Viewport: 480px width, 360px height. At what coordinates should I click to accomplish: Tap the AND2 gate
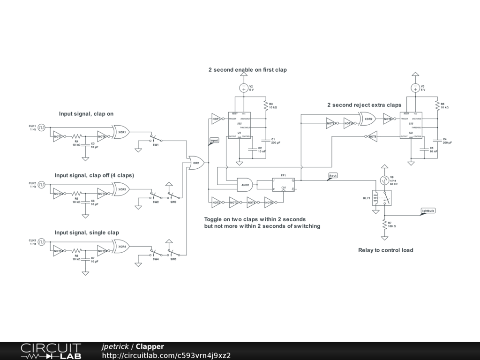point(245,184)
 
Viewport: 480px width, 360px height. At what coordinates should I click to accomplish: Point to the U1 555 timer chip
point(240,125)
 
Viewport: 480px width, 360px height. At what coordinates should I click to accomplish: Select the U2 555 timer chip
point(411,125)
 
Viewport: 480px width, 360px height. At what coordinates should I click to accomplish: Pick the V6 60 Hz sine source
point(384,180)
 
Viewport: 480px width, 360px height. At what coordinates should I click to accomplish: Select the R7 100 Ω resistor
point(384,224)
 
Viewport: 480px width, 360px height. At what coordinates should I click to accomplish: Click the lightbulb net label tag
point(428,211)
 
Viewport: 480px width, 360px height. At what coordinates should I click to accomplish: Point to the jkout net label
point(333,176)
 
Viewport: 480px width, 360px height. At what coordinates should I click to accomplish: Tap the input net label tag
point(214,141)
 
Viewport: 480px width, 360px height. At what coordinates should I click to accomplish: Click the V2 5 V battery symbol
point(244,88)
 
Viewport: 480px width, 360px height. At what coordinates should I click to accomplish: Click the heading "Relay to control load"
point(385,250)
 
